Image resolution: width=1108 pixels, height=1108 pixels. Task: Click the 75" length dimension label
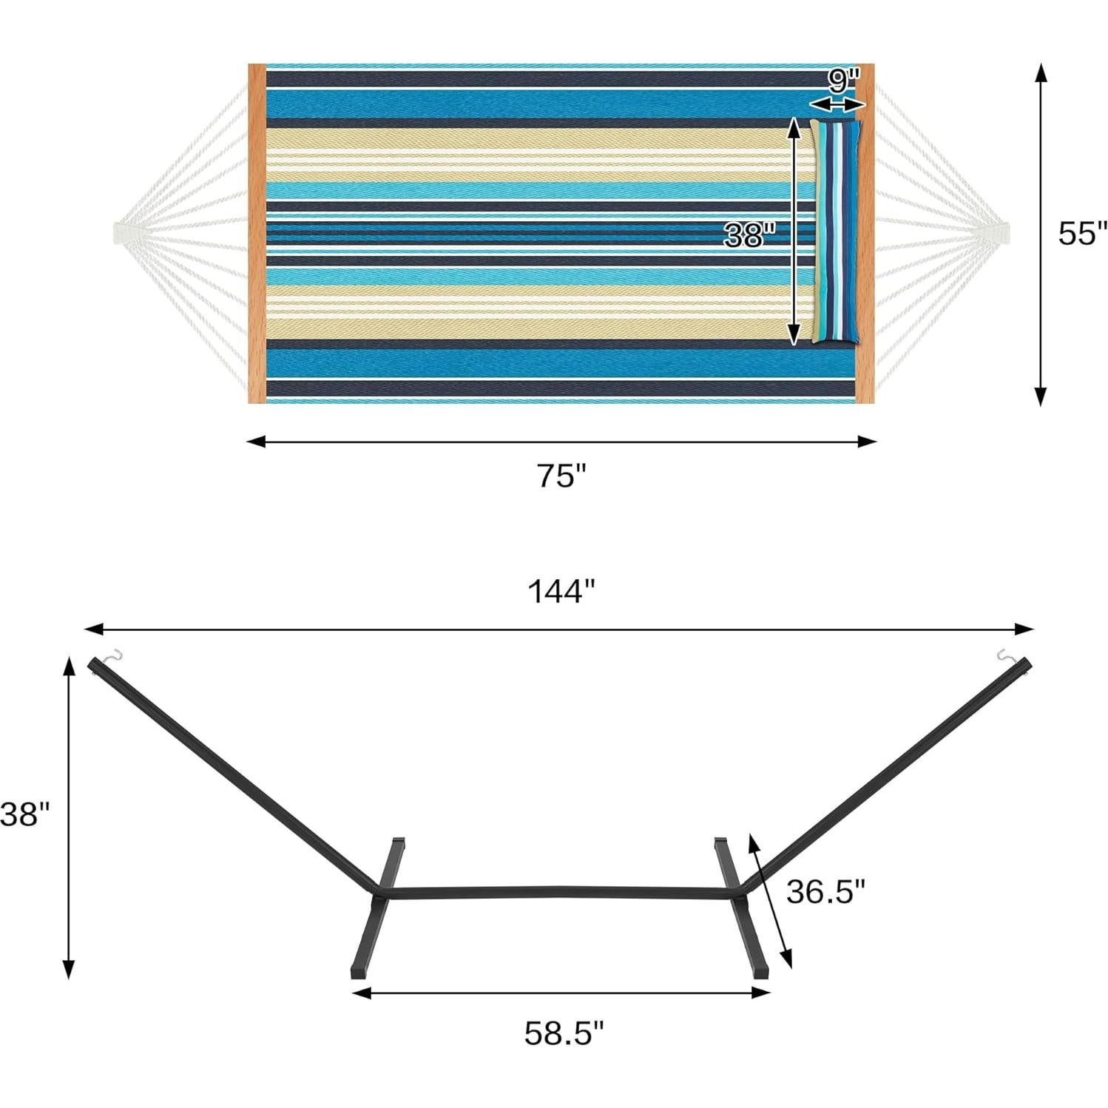coord(561,476)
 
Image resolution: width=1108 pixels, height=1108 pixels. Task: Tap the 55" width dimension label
coord(1082,233)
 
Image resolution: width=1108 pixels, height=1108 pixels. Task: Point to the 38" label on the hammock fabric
coord(749,235)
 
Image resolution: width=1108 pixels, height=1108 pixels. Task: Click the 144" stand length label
coord(561,592)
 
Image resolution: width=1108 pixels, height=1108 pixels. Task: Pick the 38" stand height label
coord(24,814)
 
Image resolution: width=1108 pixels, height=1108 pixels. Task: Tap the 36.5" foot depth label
coord(825,891)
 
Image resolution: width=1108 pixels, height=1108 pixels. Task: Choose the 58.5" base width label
coord(564,1033)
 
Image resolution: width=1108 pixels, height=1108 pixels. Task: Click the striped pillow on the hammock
coord(836,231)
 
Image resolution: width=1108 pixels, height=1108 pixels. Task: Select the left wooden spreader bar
coord(257,234)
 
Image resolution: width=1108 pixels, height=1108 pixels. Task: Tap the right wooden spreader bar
coord(865,234)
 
